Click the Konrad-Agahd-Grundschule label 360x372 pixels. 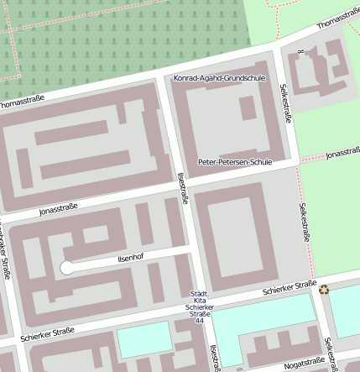219,78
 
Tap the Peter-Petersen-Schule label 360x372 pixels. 235,161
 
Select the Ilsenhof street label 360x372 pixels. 131,259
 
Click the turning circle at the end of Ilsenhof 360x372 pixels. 67,268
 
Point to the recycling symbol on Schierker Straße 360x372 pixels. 324,290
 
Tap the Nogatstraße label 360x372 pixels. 304,363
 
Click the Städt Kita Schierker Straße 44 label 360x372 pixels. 199,303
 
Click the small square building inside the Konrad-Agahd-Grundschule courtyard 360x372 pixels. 248,108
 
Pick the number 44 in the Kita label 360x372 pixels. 199,321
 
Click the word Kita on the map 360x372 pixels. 199,300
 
